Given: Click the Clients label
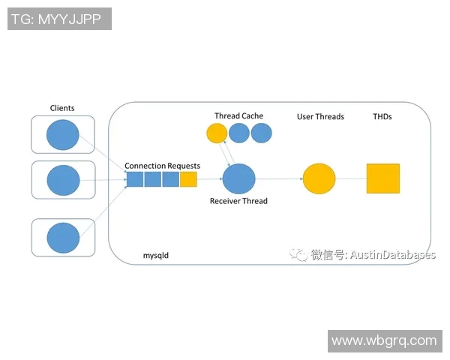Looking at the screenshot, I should [62, 108].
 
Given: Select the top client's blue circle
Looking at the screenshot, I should [63, 136].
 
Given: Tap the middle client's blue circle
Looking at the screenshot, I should [63, 181].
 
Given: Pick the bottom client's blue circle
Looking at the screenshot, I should [63, 237].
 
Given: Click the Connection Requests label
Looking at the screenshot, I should [162, 165].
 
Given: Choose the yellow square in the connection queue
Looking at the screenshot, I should [188, 179].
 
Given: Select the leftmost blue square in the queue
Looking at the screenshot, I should [134, 179].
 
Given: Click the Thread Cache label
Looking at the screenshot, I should [238, 115].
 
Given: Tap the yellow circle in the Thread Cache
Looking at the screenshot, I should [217, 133].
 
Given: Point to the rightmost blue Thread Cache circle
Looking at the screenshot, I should [261, 133].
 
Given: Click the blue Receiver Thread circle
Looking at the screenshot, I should [238, 179].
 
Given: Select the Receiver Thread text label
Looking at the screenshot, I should [238, 201].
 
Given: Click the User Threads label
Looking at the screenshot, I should [320, 116].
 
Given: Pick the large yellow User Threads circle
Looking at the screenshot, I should [319, 180].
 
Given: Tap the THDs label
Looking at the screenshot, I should [382, 116].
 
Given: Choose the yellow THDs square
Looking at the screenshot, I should [383, 178].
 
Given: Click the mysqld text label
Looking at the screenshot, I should [156, 255].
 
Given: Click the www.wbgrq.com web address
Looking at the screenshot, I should [383, 340].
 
